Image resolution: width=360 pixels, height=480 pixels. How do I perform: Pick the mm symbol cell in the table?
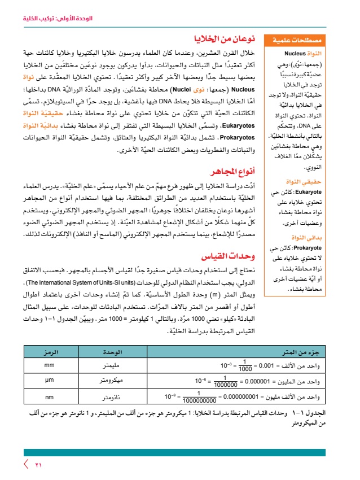(x=49, y=365)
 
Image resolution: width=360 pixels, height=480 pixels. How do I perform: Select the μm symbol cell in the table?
(x=49, y=379)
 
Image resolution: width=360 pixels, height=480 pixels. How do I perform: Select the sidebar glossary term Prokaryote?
(x=293, y=247)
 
